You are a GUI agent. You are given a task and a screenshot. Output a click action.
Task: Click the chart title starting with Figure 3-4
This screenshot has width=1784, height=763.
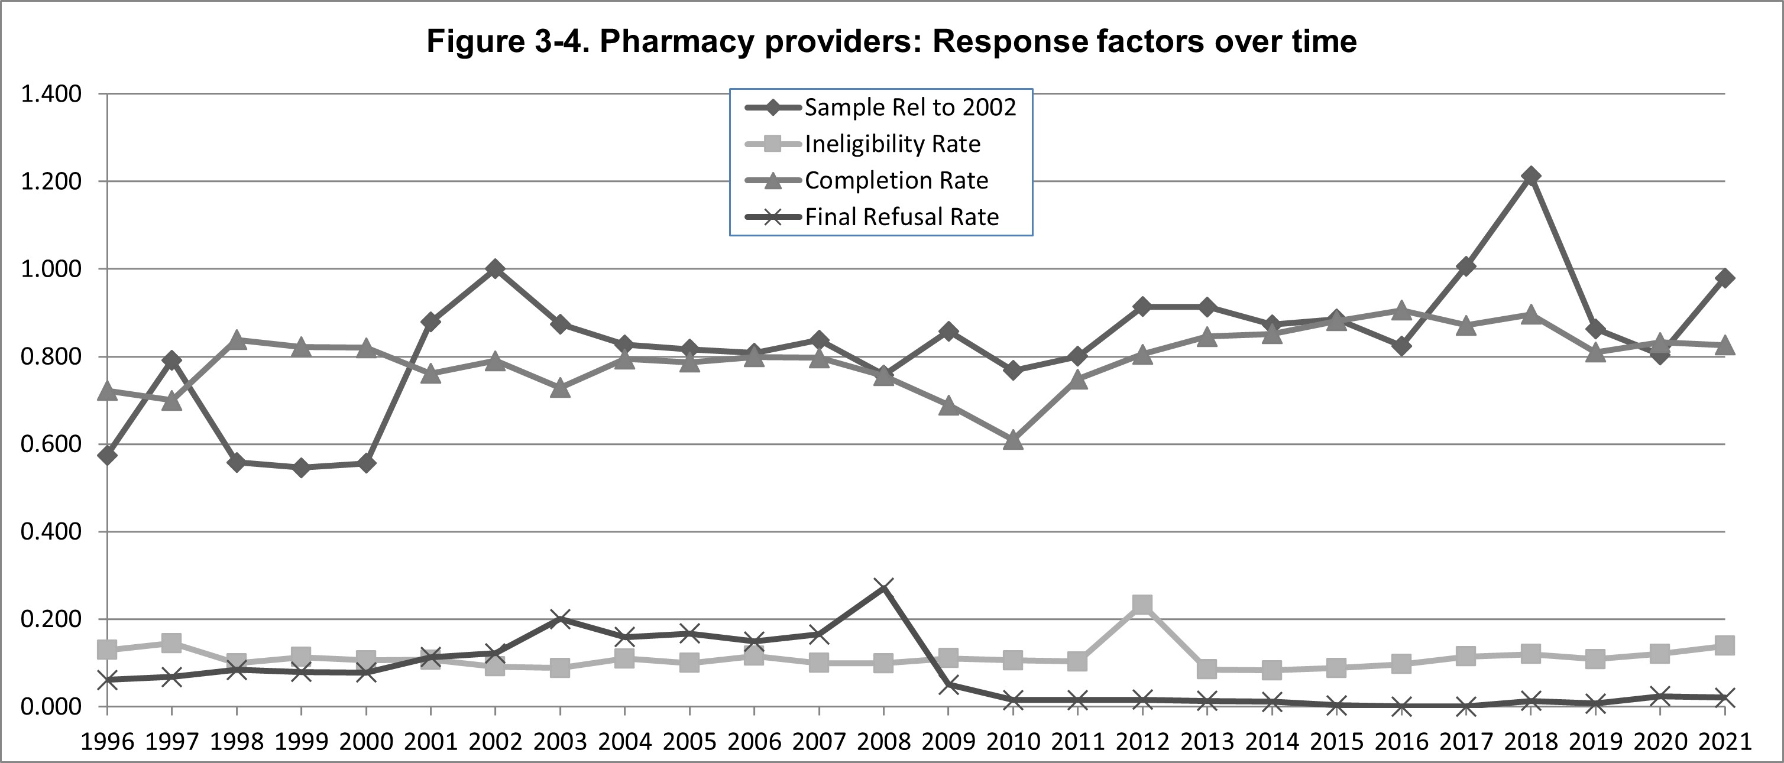[x=891, y=41]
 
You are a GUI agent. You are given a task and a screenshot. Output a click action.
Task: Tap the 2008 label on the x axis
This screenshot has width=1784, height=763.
[x=883, y=742]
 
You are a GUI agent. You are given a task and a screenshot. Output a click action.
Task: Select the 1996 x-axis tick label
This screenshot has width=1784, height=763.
[x=108, y=742]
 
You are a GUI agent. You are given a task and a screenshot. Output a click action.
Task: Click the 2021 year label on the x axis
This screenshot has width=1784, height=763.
[x=1725, y=742]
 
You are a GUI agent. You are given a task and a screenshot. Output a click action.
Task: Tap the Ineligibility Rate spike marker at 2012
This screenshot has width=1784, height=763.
[x=1142, y=605]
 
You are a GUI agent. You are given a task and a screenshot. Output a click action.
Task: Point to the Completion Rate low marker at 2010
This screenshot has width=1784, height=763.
[x=1013, y=439]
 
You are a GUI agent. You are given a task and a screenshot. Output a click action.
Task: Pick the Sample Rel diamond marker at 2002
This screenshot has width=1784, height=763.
[x=495, y=269]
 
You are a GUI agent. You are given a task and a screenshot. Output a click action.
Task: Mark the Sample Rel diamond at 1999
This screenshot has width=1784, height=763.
[x=301, y=468]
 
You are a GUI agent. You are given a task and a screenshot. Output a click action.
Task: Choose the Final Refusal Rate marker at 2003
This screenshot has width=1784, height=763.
[x=560, y=619]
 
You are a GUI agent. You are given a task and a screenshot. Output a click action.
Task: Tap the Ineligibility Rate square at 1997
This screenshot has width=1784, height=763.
[x=171, y=643]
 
